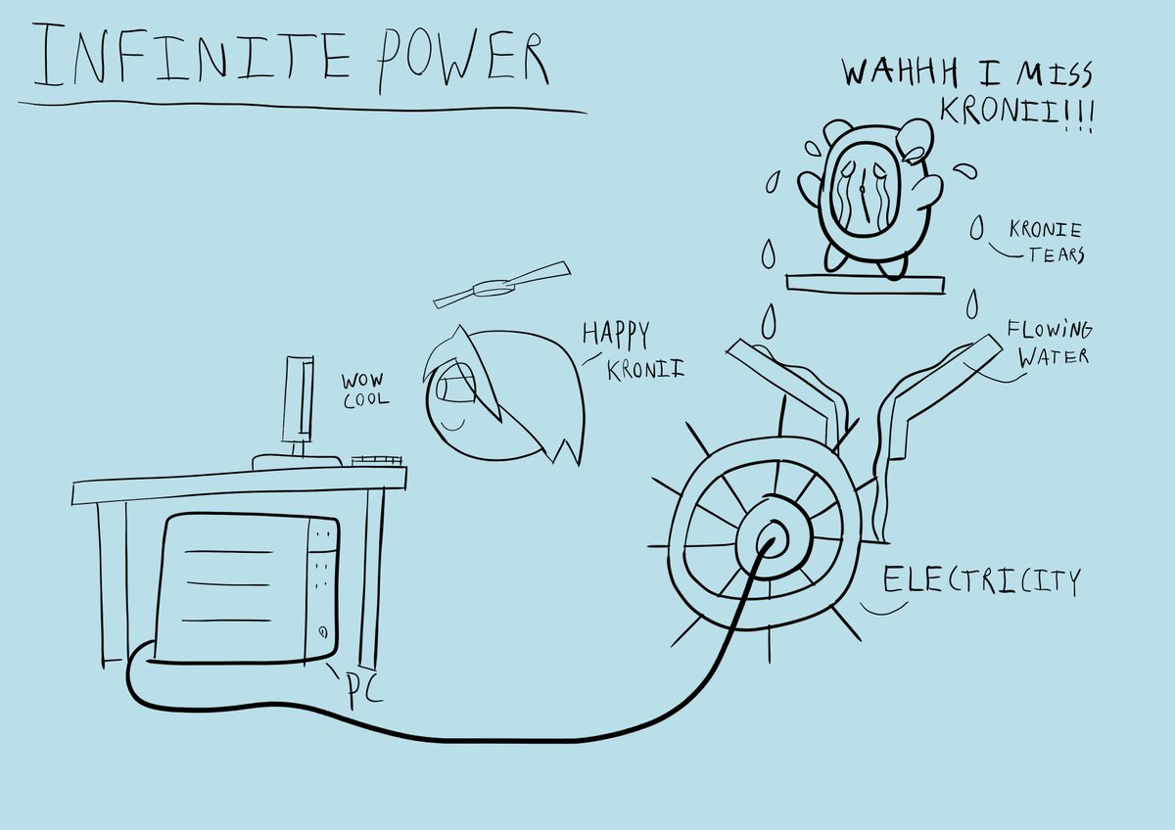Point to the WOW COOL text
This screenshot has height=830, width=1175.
(x=364, y=390)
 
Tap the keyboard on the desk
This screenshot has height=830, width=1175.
(x=376, y=458)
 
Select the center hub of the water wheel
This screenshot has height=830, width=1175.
(x=770, y=537)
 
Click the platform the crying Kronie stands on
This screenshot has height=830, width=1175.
(x=866, y=283)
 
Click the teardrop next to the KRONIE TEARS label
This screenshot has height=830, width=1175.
(x=976, y=229)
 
